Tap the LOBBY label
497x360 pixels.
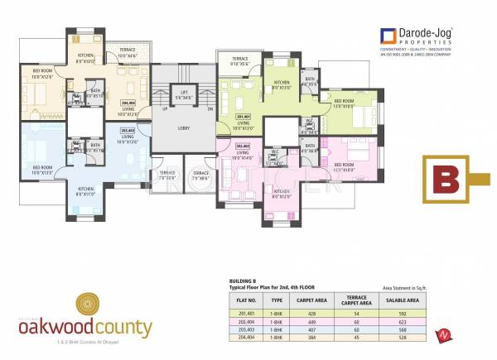183,128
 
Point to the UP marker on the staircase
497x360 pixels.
165,108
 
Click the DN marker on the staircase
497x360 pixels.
210,108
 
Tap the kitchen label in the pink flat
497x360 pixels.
282,194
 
